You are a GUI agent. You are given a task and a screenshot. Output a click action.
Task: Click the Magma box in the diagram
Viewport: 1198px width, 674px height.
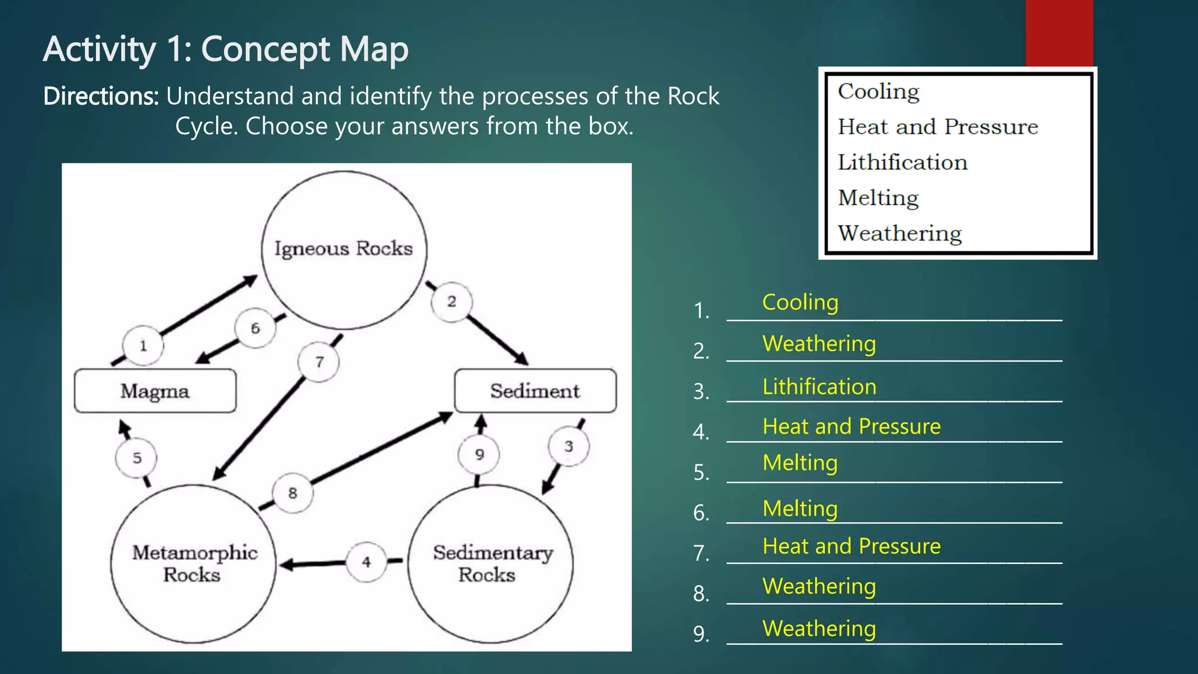tap(155, 391)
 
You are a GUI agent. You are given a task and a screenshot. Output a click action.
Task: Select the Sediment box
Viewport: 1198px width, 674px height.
tap(535, 391)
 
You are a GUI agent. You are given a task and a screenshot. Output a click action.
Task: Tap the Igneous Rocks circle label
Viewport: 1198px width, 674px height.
tap(343, 249)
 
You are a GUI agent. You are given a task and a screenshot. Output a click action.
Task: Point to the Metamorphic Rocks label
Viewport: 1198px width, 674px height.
tap(194, 563)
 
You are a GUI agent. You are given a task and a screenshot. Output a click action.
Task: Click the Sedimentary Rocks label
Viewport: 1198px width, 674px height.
tap(492, 563)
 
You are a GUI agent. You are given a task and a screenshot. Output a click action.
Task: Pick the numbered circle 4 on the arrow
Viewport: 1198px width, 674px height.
tap(366, 562)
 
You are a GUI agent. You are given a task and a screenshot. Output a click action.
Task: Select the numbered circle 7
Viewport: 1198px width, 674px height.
tap(319, 362)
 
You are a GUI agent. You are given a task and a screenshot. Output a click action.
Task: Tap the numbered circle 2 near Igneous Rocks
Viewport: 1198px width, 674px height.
tap(452, 302)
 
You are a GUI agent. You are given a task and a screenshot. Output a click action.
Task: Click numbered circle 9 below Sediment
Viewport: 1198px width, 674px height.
tap(479, 455)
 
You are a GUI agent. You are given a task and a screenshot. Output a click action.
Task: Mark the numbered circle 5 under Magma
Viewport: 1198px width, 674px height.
tap(136, 458)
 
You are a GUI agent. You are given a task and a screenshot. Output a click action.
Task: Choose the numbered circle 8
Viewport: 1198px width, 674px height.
tap(292, 493)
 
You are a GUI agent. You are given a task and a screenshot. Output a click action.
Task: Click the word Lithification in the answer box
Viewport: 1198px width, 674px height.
tap(902, 163)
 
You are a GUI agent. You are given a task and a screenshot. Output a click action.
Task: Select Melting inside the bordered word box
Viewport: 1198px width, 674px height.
tap(877, 198)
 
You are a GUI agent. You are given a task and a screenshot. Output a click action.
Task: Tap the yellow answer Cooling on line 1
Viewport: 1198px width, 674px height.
tap(800, 302)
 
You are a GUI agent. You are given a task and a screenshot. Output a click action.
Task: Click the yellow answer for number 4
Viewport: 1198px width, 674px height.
tap(851, 427)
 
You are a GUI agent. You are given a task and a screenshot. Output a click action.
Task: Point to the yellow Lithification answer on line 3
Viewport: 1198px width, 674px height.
tap(819, 387)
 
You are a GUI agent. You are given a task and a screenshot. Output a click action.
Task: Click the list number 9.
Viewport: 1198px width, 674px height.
tap(701, 634)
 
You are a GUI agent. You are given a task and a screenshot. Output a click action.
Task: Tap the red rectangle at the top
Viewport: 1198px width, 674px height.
tap(1059, 33)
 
